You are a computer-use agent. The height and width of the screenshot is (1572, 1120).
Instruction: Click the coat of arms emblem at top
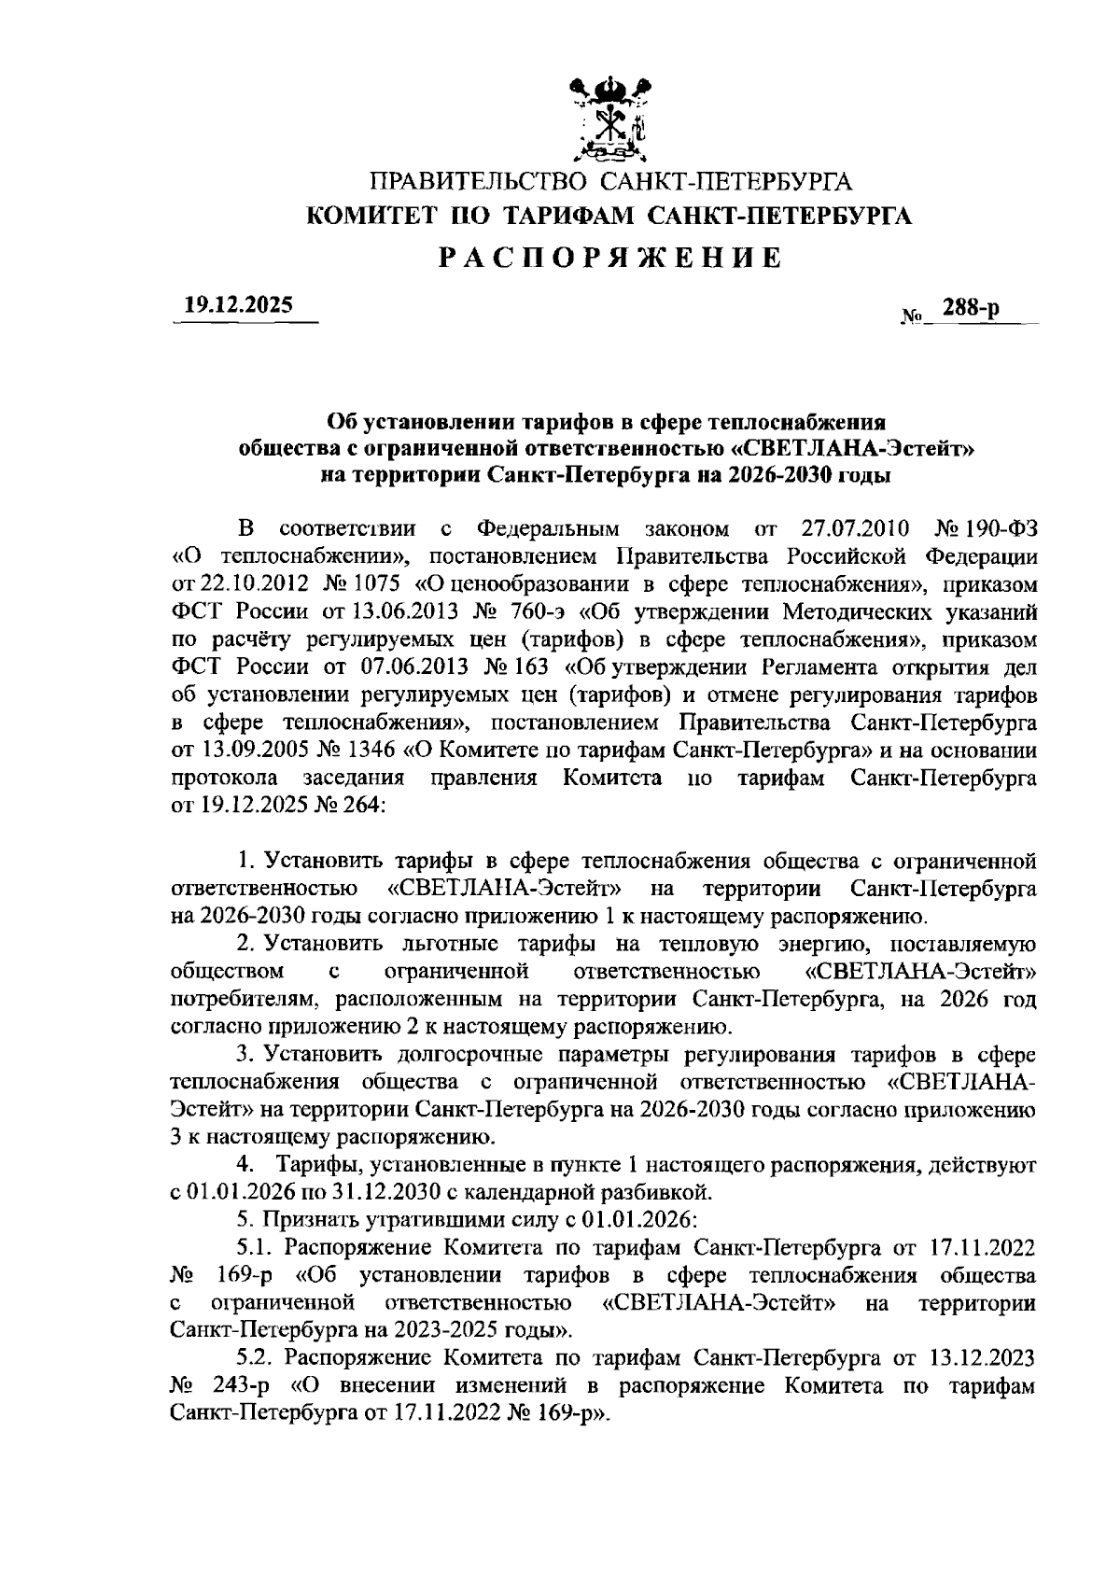click(609, 119)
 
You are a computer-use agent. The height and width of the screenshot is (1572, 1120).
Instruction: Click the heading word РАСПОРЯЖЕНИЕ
click(610, 258)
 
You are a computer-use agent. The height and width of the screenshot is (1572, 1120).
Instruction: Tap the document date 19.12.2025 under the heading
click(238, 304)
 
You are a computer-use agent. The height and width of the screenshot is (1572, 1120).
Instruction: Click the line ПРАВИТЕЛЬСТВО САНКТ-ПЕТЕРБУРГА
click(610, 182)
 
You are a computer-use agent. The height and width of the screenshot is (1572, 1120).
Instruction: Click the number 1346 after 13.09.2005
click(371, 751)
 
